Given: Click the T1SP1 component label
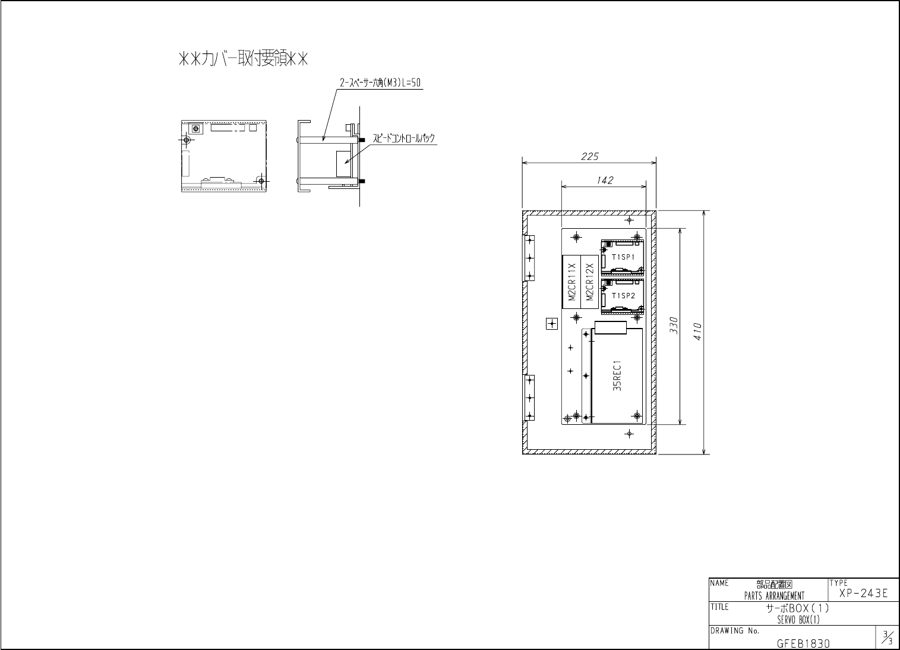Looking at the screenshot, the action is pos(623,257).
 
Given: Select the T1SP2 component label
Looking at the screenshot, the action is pos(623,296).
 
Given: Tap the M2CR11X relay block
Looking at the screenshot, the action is pos(571,282).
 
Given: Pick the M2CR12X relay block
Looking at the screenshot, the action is pos(589,282).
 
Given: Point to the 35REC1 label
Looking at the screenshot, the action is pos(617,376).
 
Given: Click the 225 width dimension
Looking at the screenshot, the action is pos(589,156).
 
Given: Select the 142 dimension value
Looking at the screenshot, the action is pos(605,180).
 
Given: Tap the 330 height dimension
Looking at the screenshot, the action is pos(674,326).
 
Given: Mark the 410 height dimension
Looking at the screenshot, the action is pos(697,332).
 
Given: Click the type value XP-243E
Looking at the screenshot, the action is pos(863,593).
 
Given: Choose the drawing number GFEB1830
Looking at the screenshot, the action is pos(803,643).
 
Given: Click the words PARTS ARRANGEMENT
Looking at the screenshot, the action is pos(774,596).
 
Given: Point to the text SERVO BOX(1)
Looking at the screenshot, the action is pos(798,620).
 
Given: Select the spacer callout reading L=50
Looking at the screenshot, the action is pos(380,83).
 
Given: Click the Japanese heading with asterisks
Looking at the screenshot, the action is pos(243,59).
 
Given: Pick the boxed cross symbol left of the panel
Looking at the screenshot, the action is pos(552,324).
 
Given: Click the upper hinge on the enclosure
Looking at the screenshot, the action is pos(529,258).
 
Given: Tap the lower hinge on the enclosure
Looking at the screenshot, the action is pos(529,397).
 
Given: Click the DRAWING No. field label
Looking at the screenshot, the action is pos(735,631).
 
